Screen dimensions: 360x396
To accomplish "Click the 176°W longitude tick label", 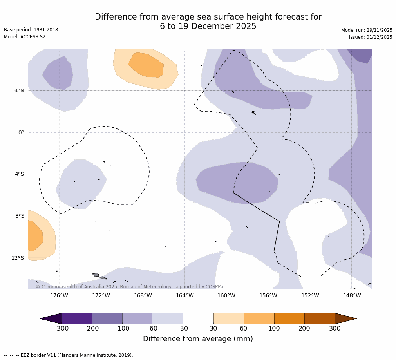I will tap(59, 295).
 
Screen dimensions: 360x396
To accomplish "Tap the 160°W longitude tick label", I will tap(226, 295).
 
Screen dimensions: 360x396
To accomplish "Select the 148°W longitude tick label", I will tap(352, 295).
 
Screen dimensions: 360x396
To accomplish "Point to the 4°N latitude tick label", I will tap(19, 91).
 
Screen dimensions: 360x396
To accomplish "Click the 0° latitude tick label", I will tap(21, 132).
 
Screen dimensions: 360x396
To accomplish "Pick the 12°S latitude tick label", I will tap(18, 258).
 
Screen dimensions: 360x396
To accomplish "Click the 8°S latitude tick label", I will tap(20, 216).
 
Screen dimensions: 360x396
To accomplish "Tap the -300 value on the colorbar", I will tap(61, 329).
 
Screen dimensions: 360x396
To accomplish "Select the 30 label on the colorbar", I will tap(213, 329).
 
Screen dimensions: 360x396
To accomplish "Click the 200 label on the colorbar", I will tap(304, 329).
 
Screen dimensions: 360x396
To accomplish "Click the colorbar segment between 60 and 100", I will tap(259, 318).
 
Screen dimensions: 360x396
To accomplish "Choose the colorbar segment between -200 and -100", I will tap(107, 318).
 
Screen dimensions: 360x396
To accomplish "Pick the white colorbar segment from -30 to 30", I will tap(198, 318).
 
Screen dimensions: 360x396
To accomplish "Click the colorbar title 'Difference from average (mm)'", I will tap(198, 339).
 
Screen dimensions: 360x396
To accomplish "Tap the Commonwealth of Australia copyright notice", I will tap(131, 287).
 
